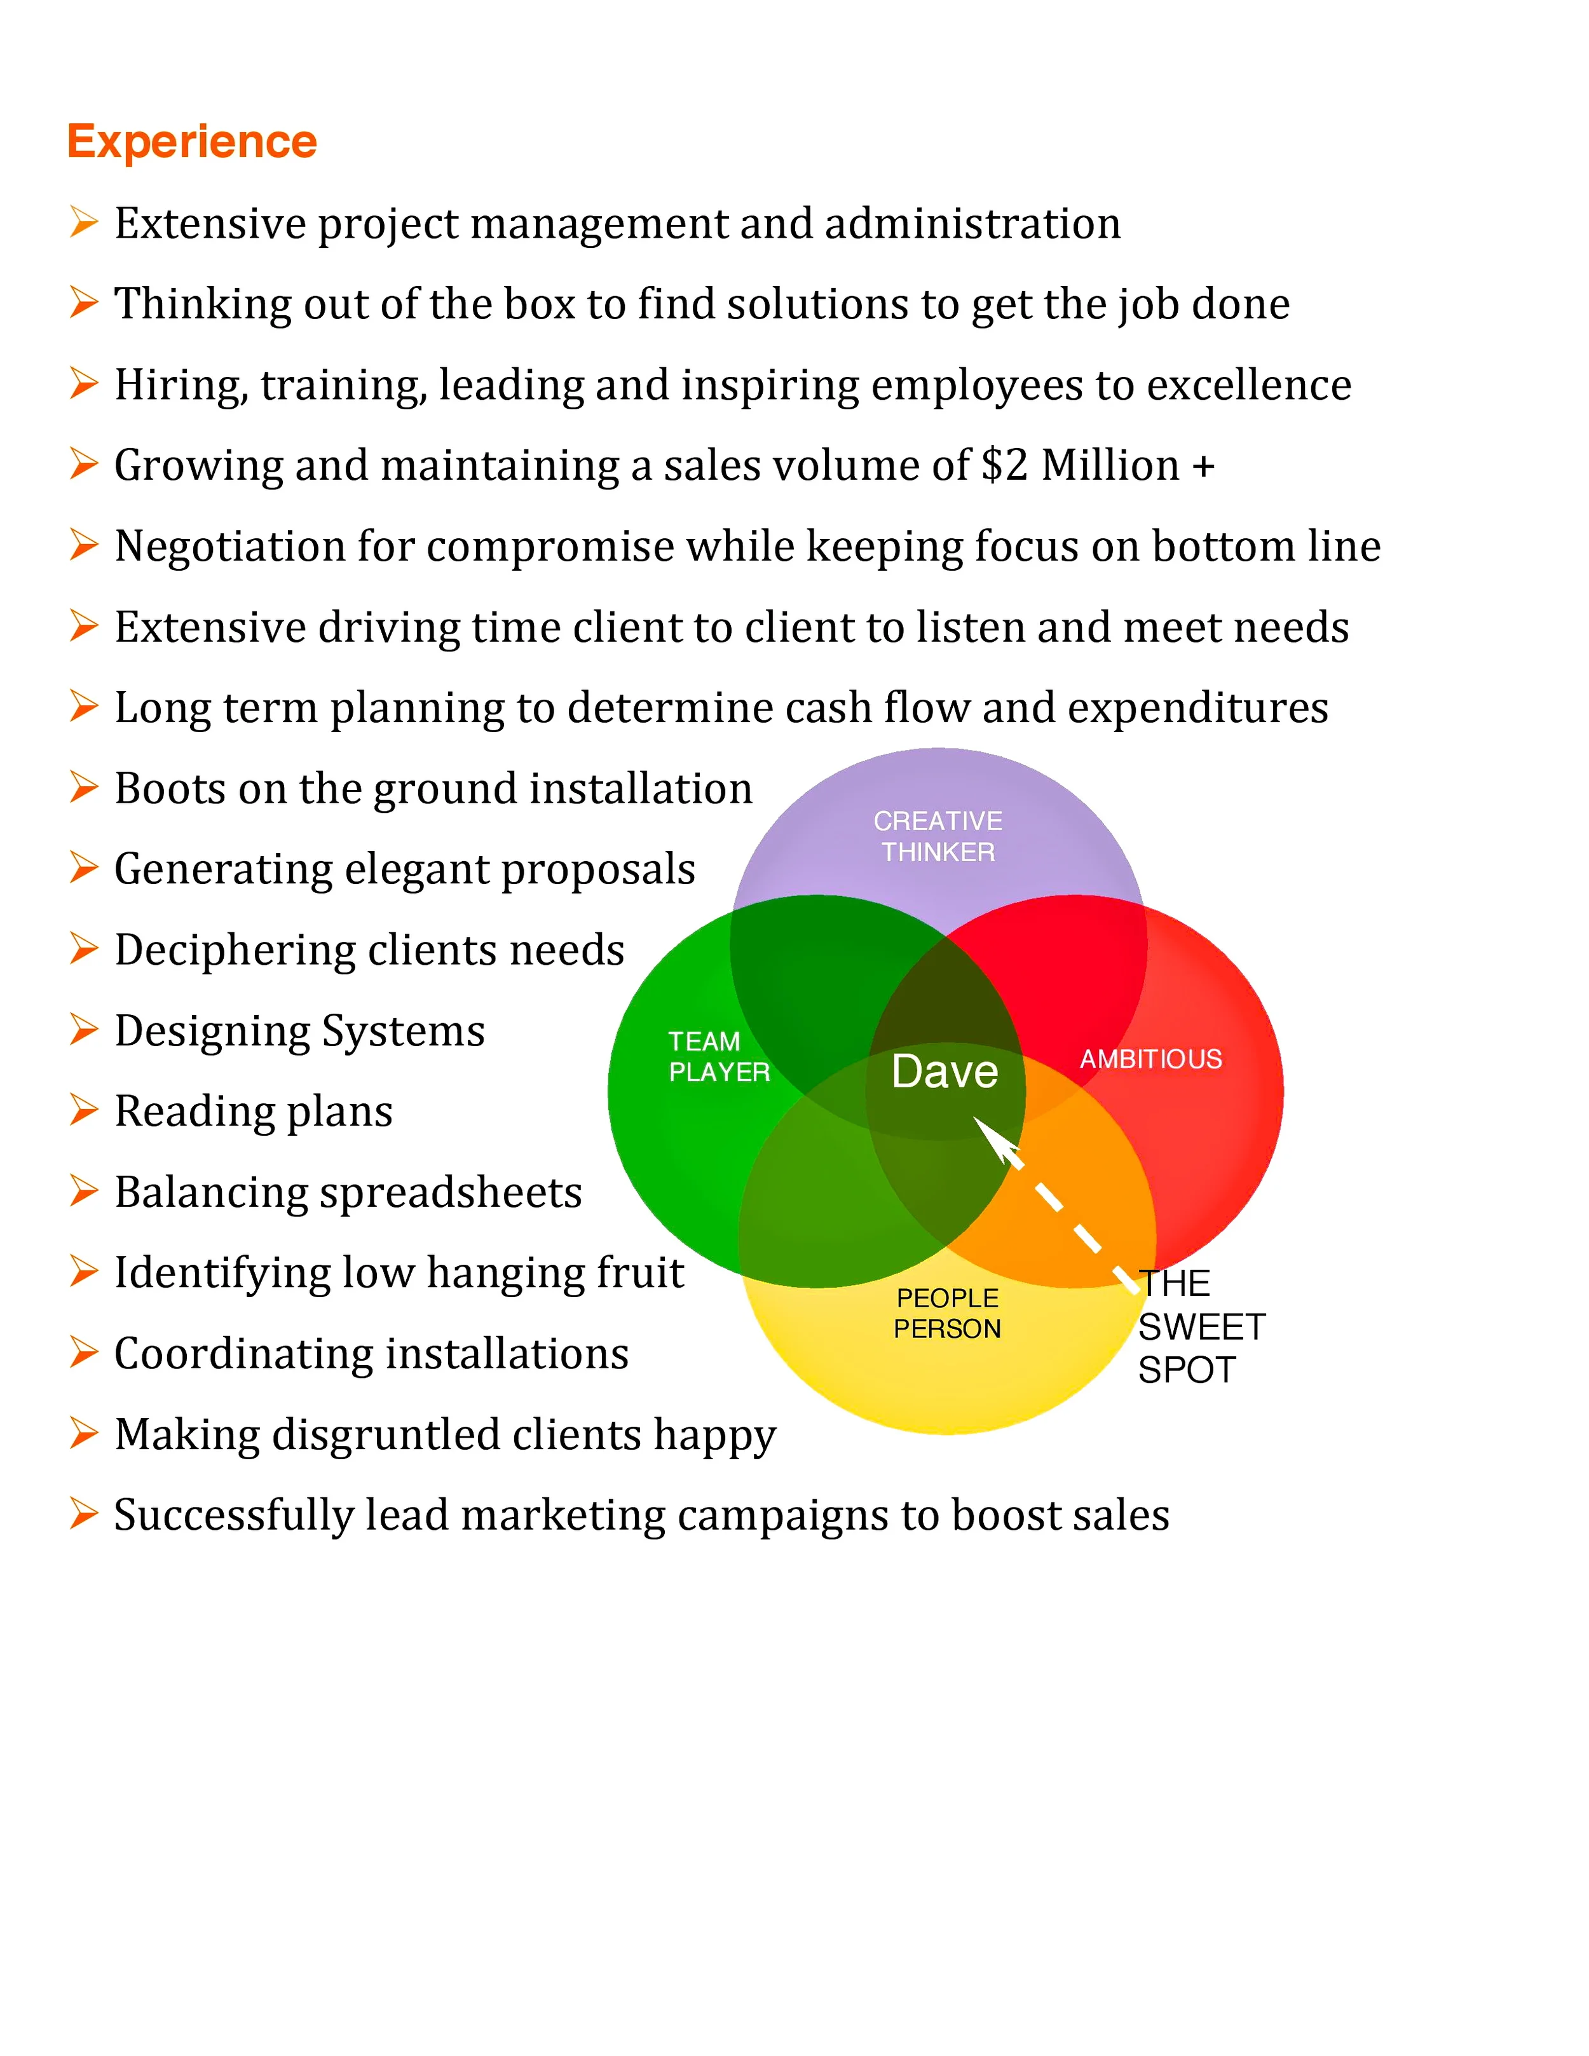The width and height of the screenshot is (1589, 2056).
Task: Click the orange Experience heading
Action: click(192, 142)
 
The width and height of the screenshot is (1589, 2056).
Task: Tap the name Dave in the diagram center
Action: click(944, 1072)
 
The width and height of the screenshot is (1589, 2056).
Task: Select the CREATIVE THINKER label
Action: click(938, 836)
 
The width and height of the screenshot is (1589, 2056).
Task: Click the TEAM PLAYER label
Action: click(718, 1056)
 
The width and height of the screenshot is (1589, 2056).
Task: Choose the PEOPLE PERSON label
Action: click(947, 1313)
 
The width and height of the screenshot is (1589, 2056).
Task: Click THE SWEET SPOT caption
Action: click(1199, 1326)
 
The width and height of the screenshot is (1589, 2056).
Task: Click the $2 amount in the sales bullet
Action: click(1004, 465)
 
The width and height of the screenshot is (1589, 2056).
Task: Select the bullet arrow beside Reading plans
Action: click(84, 1111)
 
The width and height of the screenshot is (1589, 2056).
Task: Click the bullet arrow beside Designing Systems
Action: click(84, 1030)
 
